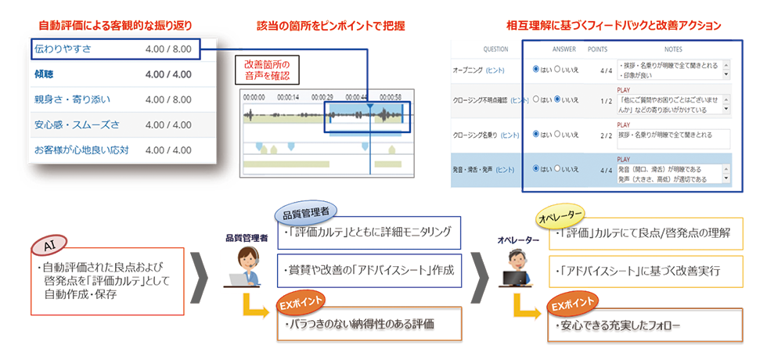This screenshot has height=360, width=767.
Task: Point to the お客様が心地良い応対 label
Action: coord(81,149)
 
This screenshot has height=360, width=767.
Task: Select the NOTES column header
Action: coord(672,49)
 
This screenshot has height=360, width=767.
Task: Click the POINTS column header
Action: coord(597,49)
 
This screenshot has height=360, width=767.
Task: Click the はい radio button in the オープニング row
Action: coord(536,69)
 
